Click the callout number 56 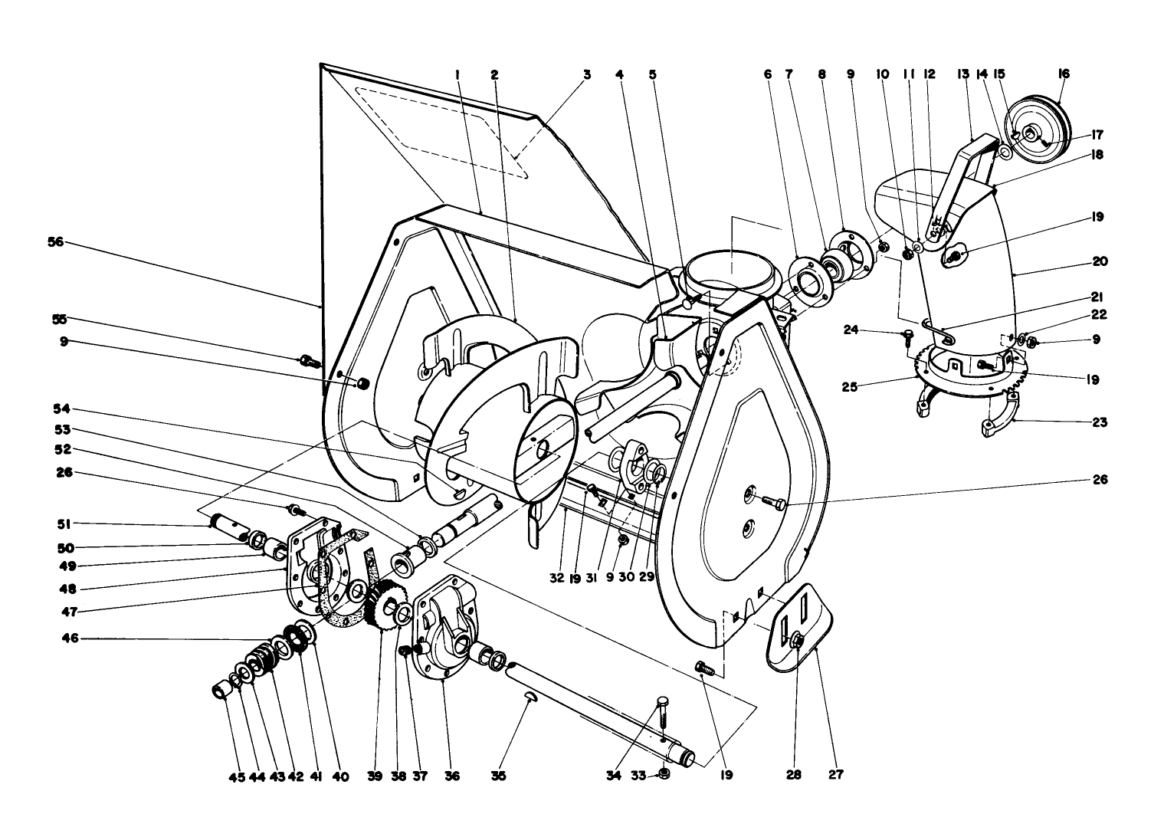[x=56, y=242]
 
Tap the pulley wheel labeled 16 [x=1035, y=129]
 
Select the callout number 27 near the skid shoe [x=835, y=775]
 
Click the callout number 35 [x=499, y=776]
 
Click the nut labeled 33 [x=664, y=773]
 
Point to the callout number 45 [x=236, y=776]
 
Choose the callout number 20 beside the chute [x=1100, y=261]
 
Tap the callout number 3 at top [x=587, y=75]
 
